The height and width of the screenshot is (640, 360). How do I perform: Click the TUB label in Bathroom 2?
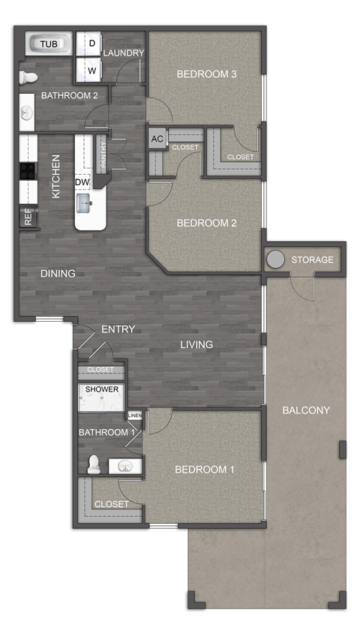(48, 44)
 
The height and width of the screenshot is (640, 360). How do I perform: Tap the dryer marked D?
(91, 44)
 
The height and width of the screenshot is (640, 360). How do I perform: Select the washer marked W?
(91, 71)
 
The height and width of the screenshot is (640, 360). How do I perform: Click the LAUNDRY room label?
(124, 53)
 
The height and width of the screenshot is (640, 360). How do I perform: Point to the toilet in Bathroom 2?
(28, 77)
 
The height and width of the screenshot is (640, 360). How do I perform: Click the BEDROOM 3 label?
(206, 74)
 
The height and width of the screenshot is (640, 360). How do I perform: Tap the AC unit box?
(157, 139)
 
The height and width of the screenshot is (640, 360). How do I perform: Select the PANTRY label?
(102, 158)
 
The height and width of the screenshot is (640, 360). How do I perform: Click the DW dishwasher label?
(82, 182)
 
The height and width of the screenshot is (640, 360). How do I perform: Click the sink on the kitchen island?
(84, 200)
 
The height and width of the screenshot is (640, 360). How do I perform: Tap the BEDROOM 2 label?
(206, 223)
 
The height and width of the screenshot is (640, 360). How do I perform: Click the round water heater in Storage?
(276, 260)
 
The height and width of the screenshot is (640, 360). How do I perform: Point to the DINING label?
(58, 274)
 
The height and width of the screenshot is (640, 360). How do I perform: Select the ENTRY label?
(118, 329)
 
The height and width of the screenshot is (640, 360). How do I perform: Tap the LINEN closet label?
(135, 415)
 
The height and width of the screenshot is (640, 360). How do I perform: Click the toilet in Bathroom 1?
(94, 465)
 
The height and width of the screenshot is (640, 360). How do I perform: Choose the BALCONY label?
(306, 410)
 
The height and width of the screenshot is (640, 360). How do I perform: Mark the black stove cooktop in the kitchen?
(28, 171)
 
